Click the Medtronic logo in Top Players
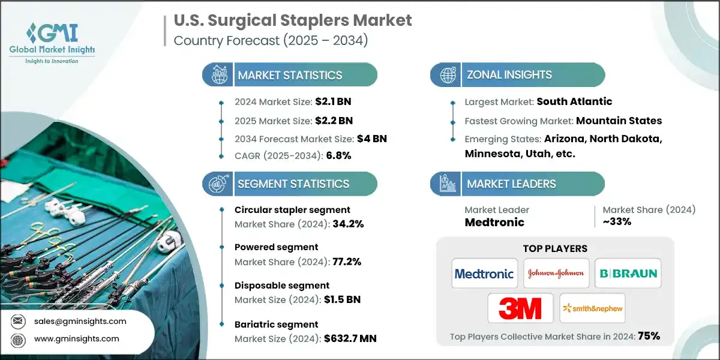pyautogui.click(x=484, y=274)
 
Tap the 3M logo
pyautogui.click(x=520, y=308)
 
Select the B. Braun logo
pyautogui.click(x=628, y=274)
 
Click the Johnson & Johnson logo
pyautogui.click(x=556, y=274)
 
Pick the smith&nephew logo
pyautogui.click(x=592, y=308)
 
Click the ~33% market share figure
pyautogui.click(x=617, y=221)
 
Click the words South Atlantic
pyautogui.click(x=574, y=101)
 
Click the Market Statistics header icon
pyautogui.click(x=218, y=76)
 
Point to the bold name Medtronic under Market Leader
pyautogui.click(x=494, y=222)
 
